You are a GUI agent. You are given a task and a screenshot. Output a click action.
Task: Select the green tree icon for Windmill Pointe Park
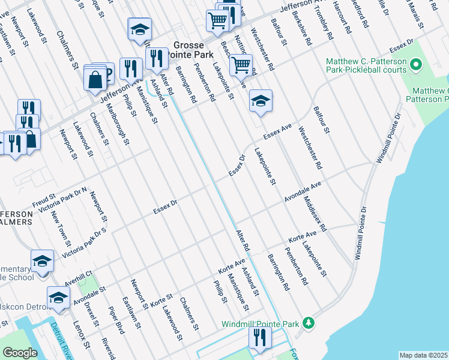click(x=309, y=323)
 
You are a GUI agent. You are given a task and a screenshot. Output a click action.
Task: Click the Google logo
click(x=20, y=353)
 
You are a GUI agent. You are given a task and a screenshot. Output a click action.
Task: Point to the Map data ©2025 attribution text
click(x=423, y=355)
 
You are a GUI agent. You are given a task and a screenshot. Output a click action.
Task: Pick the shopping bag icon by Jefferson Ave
click(x=95, y=79)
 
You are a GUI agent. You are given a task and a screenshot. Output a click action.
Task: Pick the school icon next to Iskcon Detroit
click(x=58, y=298)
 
